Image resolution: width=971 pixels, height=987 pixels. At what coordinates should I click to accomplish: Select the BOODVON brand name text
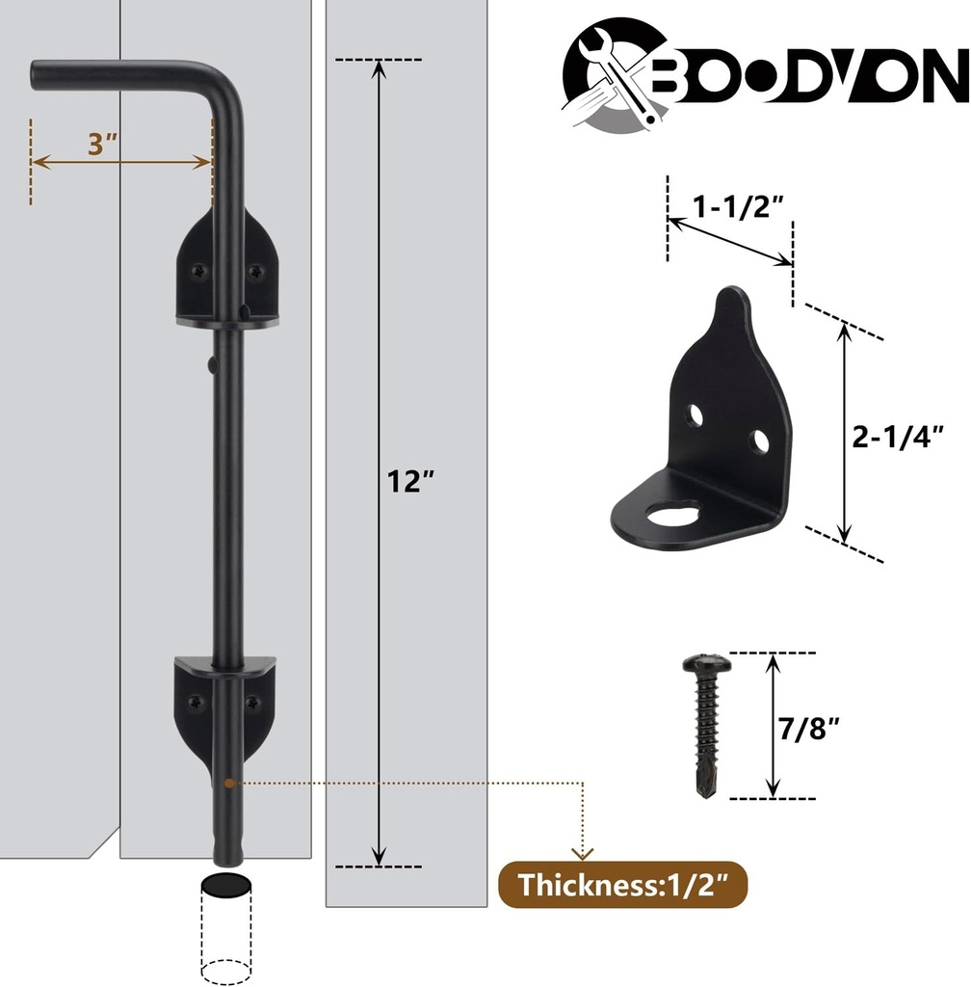[x=809, y=80]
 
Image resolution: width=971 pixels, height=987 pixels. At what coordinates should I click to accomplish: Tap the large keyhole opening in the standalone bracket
[x=672, y=512]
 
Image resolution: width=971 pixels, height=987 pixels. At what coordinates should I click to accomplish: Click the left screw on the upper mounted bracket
[x=197, y=272]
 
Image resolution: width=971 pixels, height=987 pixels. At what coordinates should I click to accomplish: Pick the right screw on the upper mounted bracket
[x=255, y=272]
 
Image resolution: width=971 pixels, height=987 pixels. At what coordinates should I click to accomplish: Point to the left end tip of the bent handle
[x=36, y=76]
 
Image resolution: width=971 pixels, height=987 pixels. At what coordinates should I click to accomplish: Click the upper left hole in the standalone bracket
[x=695, y=414]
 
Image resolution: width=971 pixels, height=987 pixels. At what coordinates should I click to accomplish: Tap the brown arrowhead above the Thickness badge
[x=582, y=852]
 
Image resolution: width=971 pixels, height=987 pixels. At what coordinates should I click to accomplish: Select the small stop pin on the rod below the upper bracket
[x=211, y=363]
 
